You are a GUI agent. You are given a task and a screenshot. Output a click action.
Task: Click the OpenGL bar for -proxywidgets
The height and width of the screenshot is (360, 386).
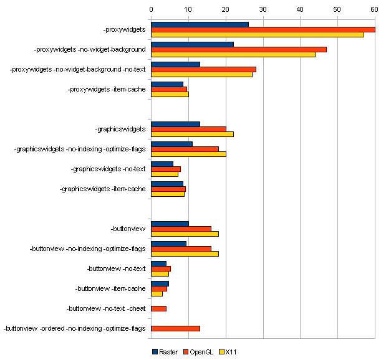(x=263, y=29)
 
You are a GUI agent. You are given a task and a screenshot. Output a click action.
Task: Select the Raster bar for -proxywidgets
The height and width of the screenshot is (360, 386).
(x=200, y=24)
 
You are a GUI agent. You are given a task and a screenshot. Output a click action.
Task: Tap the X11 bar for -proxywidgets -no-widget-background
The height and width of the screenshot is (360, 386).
(x=233, y=54)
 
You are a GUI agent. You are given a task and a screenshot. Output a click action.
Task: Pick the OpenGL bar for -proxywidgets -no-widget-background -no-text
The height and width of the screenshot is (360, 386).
(x=203, y=69)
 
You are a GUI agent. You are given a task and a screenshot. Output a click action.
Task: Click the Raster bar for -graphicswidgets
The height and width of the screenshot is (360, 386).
(x=175, y=124)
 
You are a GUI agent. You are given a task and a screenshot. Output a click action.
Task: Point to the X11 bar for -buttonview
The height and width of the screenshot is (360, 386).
(x=185, y=234)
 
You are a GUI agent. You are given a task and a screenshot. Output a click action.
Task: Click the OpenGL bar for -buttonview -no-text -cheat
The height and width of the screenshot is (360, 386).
(x=158, y=308)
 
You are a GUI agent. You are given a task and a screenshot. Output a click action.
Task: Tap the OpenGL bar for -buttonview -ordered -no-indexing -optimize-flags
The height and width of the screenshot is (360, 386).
(x=175, y=328)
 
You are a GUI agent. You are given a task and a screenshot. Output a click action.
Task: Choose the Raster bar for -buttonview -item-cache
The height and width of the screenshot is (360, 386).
(x=160, y=283)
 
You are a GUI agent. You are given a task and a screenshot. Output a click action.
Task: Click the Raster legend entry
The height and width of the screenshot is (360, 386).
(x=165, y=352)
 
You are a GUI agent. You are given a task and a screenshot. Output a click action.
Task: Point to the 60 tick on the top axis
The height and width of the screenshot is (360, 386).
(x=374, y=9)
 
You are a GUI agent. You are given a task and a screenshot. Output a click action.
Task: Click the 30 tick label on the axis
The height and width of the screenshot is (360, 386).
(x=263, y=9)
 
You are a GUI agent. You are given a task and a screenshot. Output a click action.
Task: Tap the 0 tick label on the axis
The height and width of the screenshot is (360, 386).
(x=151, y=9)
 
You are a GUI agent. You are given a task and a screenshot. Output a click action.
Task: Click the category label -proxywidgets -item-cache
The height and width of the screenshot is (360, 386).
(x=106, y=89)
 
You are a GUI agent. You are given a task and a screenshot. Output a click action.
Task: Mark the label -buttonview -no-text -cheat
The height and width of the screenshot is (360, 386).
(x=105, y=308)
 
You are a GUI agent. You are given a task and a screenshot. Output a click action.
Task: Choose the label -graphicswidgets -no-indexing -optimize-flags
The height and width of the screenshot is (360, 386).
(x=79, y=149)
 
